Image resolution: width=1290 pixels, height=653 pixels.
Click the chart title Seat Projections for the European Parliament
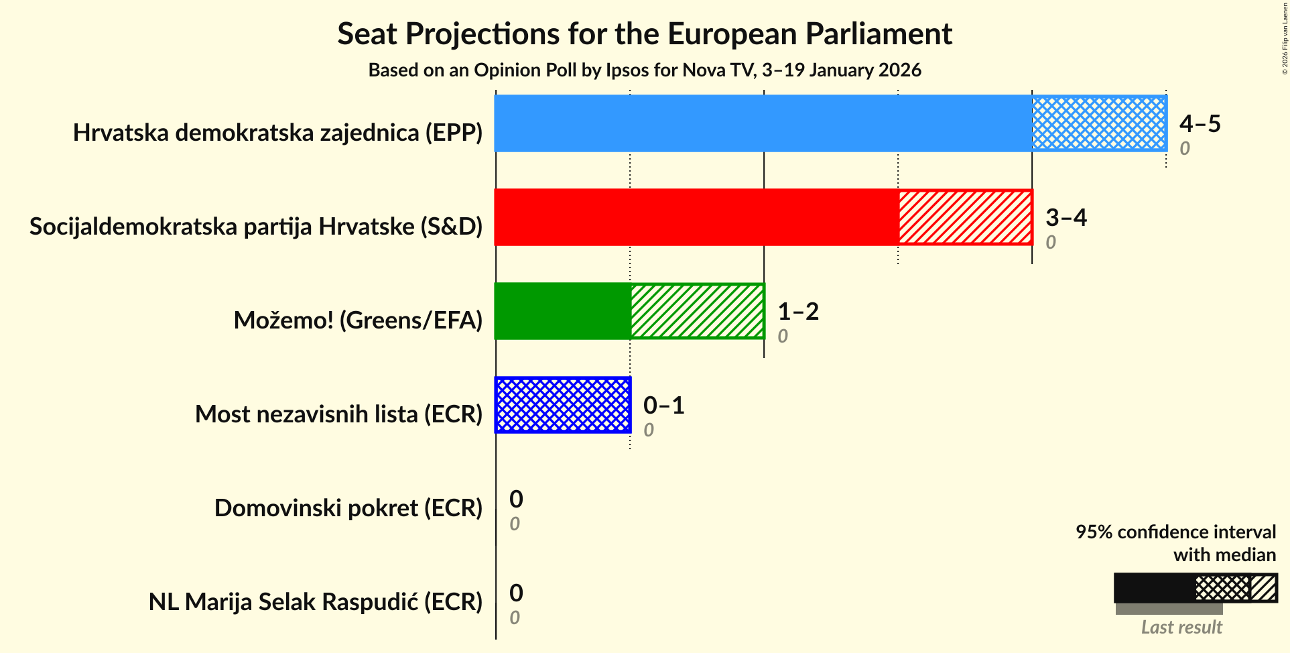(644, 34)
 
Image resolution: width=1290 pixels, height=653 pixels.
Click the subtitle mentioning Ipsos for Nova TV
(644, 70)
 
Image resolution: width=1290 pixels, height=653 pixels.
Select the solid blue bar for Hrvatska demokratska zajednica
(763, 123)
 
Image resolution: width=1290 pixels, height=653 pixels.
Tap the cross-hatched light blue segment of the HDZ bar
(1099, 123)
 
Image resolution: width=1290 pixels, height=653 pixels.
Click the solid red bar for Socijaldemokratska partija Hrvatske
(697, 217)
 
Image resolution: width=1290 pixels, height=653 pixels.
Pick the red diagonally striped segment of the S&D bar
(965, 217)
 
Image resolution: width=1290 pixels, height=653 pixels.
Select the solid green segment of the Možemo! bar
(563, 311)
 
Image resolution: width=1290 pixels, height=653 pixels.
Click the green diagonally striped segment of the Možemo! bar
(697, 311)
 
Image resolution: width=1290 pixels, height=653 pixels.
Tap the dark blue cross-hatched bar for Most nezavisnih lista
(563, 405)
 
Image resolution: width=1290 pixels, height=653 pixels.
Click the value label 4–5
(1200, 123)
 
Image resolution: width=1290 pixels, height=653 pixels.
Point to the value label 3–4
(1066, 217)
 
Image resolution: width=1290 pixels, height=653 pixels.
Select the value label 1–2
(797, 311)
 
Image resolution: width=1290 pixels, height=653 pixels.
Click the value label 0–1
(663, 405)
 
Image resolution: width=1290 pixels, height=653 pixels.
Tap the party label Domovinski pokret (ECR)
(348, 508)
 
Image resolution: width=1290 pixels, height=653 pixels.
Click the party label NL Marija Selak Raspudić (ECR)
(315, 602)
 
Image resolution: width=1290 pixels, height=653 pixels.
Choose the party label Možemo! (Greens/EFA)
(358, 320)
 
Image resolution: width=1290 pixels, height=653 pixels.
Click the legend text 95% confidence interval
(1175, 532)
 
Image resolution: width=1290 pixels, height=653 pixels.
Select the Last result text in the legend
(1181, 628)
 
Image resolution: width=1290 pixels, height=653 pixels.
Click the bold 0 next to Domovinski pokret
(515, 499)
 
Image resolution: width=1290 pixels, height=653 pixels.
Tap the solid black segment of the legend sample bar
(1154, 588)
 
